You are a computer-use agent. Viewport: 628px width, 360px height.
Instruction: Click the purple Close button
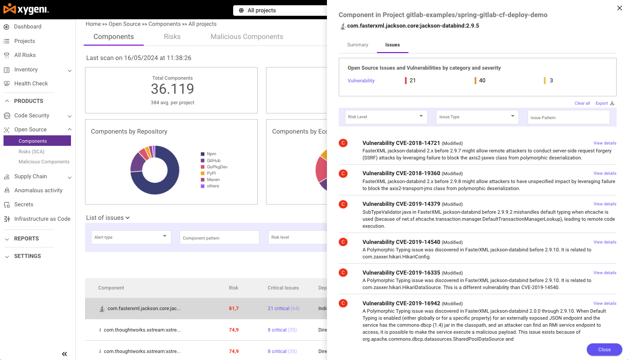(x=604, y=349)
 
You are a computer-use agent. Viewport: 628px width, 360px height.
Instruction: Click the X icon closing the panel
(x=619, y=8)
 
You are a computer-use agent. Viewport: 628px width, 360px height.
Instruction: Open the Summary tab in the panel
(x=358, y=45)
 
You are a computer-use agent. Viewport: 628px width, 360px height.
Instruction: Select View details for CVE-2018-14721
(x=605, y=143)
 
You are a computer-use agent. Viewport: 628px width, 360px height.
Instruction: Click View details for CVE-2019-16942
(x=605, y=304)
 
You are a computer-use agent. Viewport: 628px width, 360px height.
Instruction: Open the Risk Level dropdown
(x=386, y=117)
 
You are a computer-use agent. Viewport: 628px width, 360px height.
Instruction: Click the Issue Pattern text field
(x=568, y=117)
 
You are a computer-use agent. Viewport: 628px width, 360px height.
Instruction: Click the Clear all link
(x=582, y=103)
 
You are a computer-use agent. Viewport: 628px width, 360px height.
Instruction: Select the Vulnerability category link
(x=361, y=81)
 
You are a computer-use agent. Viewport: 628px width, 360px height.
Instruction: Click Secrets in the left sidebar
(x=24, y=205)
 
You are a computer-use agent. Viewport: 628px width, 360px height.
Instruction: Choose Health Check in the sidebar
(x=31, y=84)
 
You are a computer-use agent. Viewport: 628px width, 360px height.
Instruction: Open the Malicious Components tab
(x=247, y=37)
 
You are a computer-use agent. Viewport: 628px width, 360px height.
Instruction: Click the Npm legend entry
(x=211, y=154)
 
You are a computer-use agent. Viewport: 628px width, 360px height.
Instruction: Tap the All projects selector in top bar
(x=280, y=11)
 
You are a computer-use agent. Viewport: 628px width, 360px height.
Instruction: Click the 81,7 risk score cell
(x=234, y=308)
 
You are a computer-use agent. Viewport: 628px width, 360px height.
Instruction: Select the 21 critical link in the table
(x=278, y=308)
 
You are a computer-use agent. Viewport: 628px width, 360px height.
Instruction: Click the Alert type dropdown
(x=131, y=237)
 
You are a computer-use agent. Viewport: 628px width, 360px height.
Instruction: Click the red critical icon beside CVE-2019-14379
(x=343, y=204)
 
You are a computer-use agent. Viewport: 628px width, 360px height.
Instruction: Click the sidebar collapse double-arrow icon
(x=64, y=354)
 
